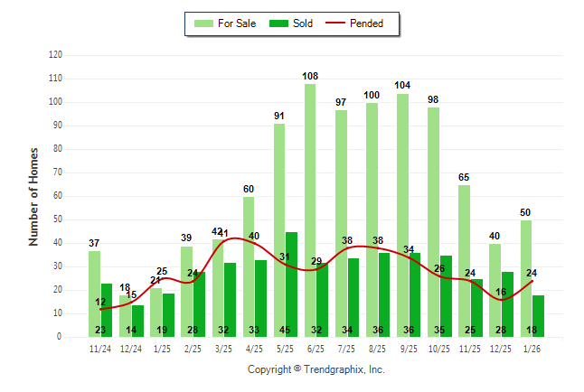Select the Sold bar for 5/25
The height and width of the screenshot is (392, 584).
[x=291, y=284]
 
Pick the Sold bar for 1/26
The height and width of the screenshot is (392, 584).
[x=539, y=315]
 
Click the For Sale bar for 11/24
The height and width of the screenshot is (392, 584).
[x=94, y=294]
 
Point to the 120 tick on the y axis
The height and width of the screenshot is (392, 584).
[x=55, y=55]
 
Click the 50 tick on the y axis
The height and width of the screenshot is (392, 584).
[x=58, y=219]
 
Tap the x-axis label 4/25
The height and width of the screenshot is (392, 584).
[x=254, y=348]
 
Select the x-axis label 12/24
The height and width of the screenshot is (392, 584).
[x=131, y=348]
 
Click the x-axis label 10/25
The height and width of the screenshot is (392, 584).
[x=439, y=348]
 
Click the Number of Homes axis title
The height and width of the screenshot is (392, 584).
[x=33, y=196]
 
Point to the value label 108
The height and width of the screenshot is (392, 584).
[x=310, y=76]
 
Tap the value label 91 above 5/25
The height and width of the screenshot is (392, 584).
[x=279, y=116]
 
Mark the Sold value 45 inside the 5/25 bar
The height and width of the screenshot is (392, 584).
[x=286, y=330]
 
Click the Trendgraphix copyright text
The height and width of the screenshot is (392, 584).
[x=316, y=369]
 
